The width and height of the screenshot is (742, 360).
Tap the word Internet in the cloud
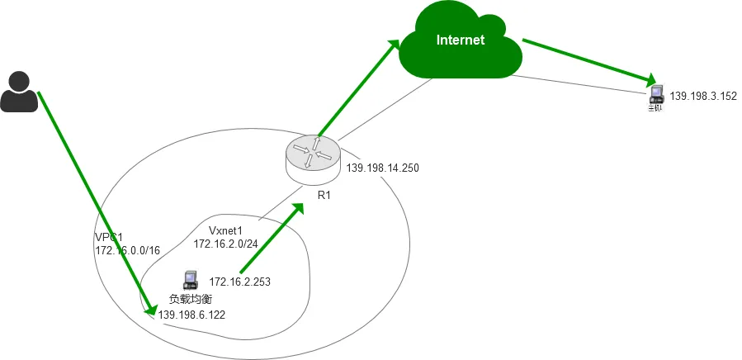[460, 40]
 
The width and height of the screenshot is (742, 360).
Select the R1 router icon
[313, 157]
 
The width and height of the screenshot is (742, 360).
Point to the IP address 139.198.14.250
[382, 168]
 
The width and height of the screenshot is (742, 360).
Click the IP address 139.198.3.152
[702, 96]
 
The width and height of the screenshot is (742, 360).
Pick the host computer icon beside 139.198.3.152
[655, 94]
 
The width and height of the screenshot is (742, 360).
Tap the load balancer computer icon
[191, 280]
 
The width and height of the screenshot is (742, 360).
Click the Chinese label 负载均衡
[191, 299]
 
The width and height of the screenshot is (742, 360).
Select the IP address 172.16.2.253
[240, 282]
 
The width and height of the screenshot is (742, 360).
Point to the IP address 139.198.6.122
[191, 315]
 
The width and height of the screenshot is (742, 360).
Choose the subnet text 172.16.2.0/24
[225, 244]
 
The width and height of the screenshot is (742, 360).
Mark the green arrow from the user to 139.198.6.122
[93, 198]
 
